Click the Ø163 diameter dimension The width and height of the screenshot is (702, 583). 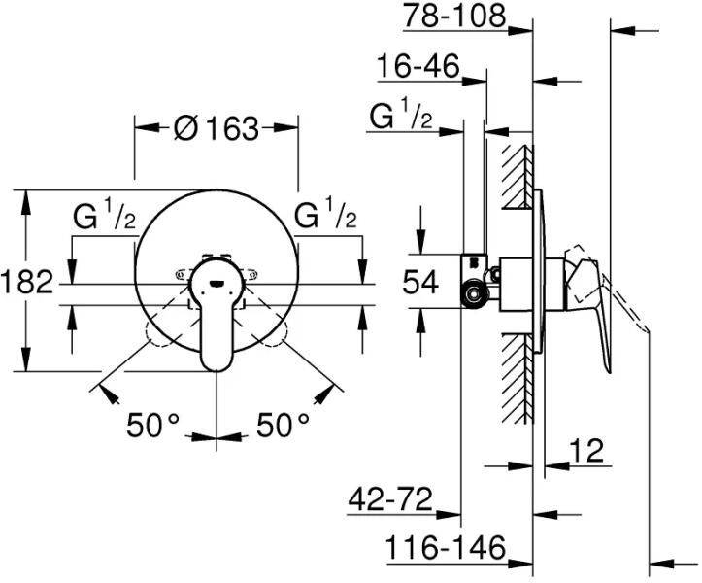pos(217,128)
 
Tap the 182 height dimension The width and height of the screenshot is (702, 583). pos(27,283)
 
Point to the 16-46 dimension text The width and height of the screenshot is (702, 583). pos(418,66)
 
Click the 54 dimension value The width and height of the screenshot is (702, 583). pos(420,283)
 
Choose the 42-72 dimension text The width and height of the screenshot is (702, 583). pos(390,499)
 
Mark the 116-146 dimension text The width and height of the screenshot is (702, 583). pos(446,547)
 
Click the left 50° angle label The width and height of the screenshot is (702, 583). pos(152,425)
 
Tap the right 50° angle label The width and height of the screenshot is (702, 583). pos(283,425)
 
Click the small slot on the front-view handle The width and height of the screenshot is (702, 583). pos(217,283)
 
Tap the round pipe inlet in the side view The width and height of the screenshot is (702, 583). pos(473,294)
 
